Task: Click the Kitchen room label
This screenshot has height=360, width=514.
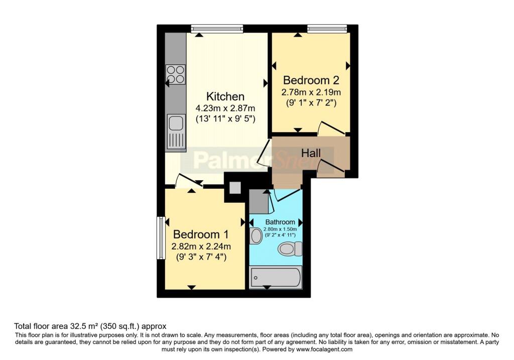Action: (x=225, y=96)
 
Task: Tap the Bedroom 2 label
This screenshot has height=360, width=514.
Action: (x=311, y=80)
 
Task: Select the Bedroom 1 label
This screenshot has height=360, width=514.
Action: (x=201, y=234)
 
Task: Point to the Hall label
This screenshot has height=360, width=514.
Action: (x=311, y=152)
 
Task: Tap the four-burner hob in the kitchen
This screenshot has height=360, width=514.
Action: (x=176, y=74)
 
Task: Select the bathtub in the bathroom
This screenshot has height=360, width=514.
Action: (x=276, y=277)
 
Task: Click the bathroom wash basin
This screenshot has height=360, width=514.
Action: (x=255, y=235)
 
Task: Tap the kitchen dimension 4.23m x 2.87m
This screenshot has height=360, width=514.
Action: (x=225, y=108)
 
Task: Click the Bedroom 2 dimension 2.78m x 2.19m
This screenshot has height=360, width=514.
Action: (x=311, y=92)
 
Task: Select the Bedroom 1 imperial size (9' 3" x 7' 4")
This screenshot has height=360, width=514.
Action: (x=201, y=258)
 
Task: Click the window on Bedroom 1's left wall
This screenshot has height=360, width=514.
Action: (x=161, y=238)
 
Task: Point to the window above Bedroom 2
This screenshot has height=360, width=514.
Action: (x=327, y=29)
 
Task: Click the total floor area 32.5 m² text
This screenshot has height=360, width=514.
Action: (x=90, y=326)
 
